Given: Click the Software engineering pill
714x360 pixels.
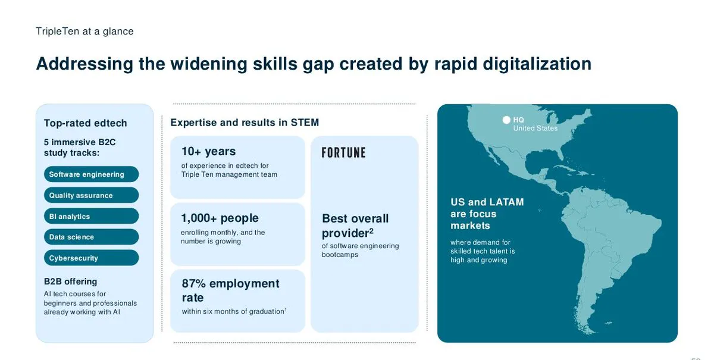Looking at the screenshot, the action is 91,174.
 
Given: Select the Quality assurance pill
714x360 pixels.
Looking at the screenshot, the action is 91,195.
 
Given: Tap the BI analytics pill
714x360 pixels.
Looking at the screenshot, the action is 91,216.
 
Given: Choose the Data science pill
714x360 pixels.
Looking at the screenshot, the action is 91,237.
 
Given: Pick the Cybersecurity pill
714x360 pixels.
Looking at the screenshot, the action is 91,258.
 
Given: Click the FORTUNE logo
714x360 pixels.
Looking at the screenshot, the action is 344,153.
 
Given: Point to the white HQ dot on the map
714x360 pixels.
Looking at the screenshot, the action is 506,120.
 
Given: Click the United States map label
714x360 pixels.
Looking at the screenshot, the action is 535,128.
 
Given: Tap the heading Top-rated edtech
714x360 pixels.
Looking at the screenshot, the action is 86,123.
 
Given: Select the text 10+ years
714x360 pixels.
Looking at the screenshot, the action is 208,152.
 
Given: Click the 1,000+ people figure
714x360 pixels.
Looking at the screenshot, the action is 220,218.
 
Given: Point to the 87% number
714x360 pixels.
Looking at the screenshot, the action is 193,283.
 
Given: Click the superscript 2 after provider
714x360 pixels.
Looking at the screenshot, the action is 371,230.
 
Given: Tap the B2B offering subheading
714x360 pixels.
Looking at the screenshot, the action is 70,281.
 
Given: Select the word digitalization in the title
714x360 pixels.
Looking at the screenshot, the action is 537,64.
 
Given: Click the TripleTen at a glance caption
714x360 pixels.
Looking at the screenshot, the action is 84,32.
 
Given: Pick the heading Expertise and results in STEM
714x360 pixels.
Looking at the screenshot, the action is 245,123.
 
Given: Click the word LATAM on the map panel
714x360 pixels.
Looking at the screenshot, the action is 506,202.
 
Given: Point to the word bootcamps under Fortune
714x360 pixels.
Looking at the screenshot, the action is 340,255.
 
